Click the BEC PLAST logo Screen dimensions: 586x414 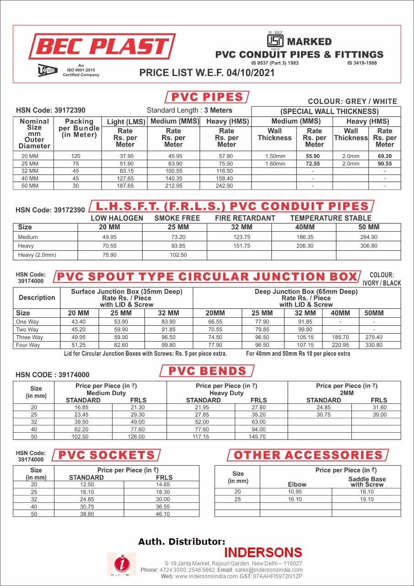(102, 47)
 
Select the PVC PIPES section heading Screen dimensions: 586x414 (207, 97)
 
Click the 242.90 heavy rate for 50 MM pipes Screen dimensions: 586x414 (226, 186)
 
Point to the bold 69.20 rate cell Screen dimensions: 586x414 (384, 156)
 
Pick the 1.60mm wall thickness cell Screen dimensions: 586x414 (274, 163)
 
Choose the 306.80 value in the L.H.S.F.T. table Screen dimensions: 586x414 (368, 246)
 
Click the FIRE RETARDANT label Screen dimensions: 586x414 (245, 218)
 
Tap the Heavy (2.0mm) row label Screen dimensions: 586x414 (37, 255)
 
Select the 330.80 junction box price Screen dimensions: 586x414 (374, 345)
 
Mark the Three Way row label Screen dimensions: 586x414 (29, 337)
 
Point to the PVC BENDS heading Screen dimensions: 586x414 (207, 371)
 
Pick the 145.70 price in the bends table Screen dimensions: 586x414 (257, 437)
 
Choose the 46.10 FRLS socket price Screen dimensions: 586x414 (162, 514)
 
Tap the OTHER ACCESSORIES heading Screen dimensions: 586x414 (308, 455)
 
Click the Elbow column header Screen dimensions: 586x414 (297, 484)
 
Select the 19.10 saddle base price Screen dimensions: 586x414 (367, 499)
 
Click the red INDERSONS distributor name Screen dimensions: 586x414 (263, 552)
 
